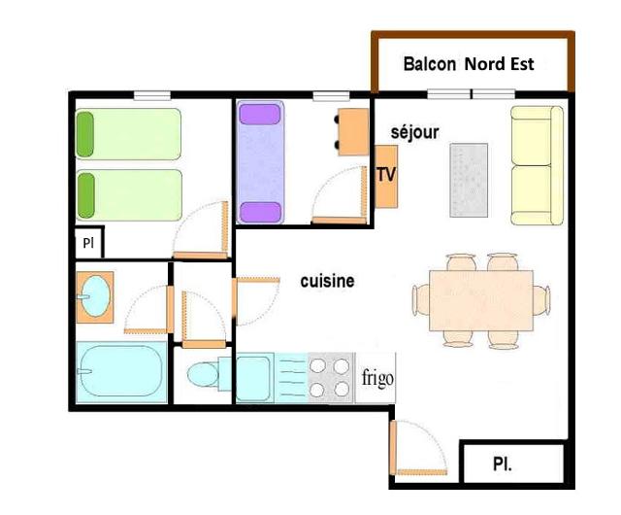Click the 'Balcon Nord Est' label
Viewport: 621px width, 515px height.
(x=469, y=65)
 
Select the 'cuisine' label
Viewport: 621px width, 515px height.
(x=327, y=281)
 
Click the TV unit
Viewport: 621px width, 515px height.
(x=386, y=176)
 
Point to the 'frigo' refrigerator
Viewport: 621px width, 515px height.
(x=378, y=377)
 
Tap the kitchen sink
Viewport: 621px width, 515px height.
(x=254, y=377)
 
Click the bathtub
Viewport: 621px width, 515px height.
(x=121, y=373)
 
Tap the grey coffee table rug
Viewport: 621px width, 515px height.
(x=469, y=180)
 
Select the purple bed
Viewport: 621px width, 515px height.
(x=260, y=163)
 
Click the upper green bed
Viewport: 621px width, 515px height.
(x=129, y=133)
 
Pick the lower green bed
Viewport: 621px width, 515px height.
(x=129, y=194)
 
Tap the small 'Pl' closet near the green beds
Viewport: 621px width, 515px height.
(x=88, y=244)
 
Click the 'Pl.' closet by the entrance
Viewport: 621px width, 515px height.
(x=512, y=464)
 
